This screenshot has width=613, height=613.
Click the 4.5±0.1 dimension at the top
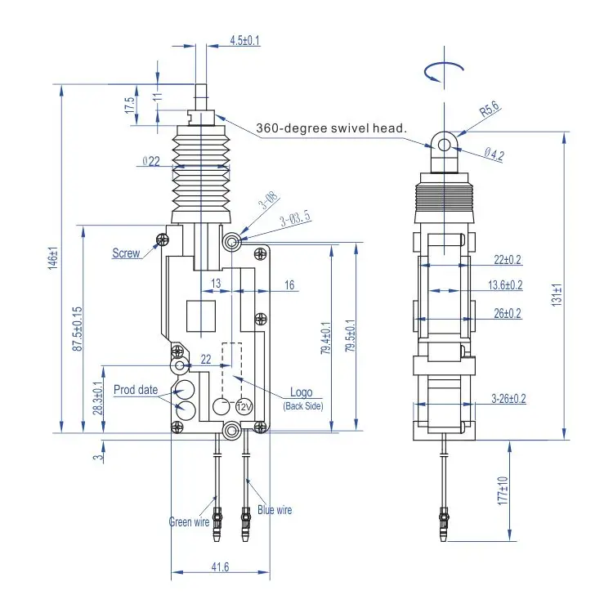pyautogui.click(x=244, y=40)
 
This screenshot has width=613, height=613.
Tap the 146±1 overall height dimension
pyautogui.click(x=54, y=258)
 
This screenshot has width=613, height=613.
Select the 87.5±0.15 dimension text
pyautogui.click(x=78, y=329)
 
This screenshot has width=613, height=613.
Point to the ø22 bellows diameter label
pyautogui.click(x=151, y=161)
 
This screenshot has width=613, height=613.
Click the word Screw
pyautogui.click(x=126, y=253)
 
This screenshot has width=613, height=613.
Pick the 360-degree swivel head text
pyautogui.click(x=331, y=128)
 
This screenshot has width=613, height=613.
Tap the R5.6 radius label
pyautogui.click(x=490, y=109)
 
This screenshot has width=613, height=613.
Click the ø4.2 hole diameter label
pyautogui.click(x=494, y=154)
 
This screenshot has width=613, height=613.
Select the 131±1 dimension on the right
pyautogui.click(x=557, y=294)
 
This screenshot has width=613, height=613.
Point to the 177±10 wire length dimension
pyautogui.click(x=503, y=490)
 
